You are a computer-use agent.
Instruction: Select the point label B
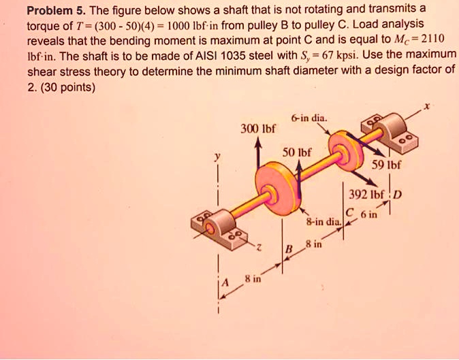click(288, 250)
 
